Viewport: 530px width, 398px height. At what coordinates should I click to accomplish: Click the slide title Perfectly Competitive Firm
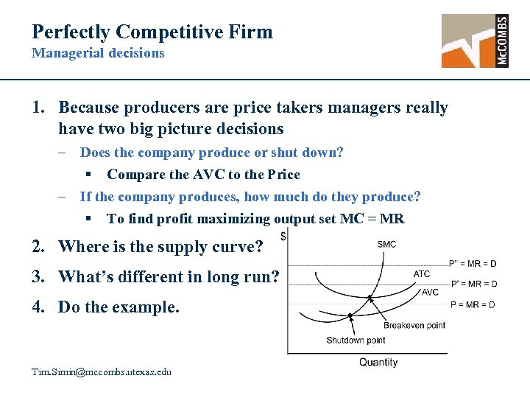point(152,32)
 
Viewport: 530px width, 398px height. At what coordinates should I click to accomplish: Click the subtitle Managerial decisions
point(98,53)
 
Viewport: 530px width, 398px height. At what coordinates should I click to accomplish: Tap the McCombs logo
point(475,41)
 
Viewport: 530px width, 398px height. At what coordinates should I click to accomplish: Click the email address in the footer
point(102,371)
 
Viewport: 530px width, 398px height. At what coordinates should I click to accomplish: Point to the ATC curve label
point(422,274)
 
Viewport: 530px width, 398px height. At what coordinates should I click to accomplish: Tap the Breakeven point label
point(414,325)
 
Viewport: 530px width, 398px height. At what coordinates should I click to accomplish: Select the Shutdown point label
point(356,340)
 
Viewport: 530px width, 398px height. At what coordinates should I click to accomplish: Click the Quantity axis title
point(378,362)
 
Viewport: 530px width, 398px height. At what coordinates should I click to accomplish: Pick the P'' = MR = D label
point(473,263)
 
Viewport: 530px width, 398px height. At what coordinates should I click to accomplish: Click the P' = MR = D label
point(473,283)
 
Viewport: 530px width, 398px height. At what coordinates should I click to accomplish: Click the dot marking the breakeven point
point(370,298)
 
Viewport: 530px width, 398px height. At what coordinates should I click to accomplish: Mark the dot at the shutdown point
point(351,315)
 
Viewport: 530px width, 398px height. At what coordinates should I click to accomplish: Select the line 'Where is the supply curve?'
point(160,247)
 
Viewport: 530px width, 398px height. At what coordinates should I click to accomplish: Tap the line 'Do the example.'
point(118,307)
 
